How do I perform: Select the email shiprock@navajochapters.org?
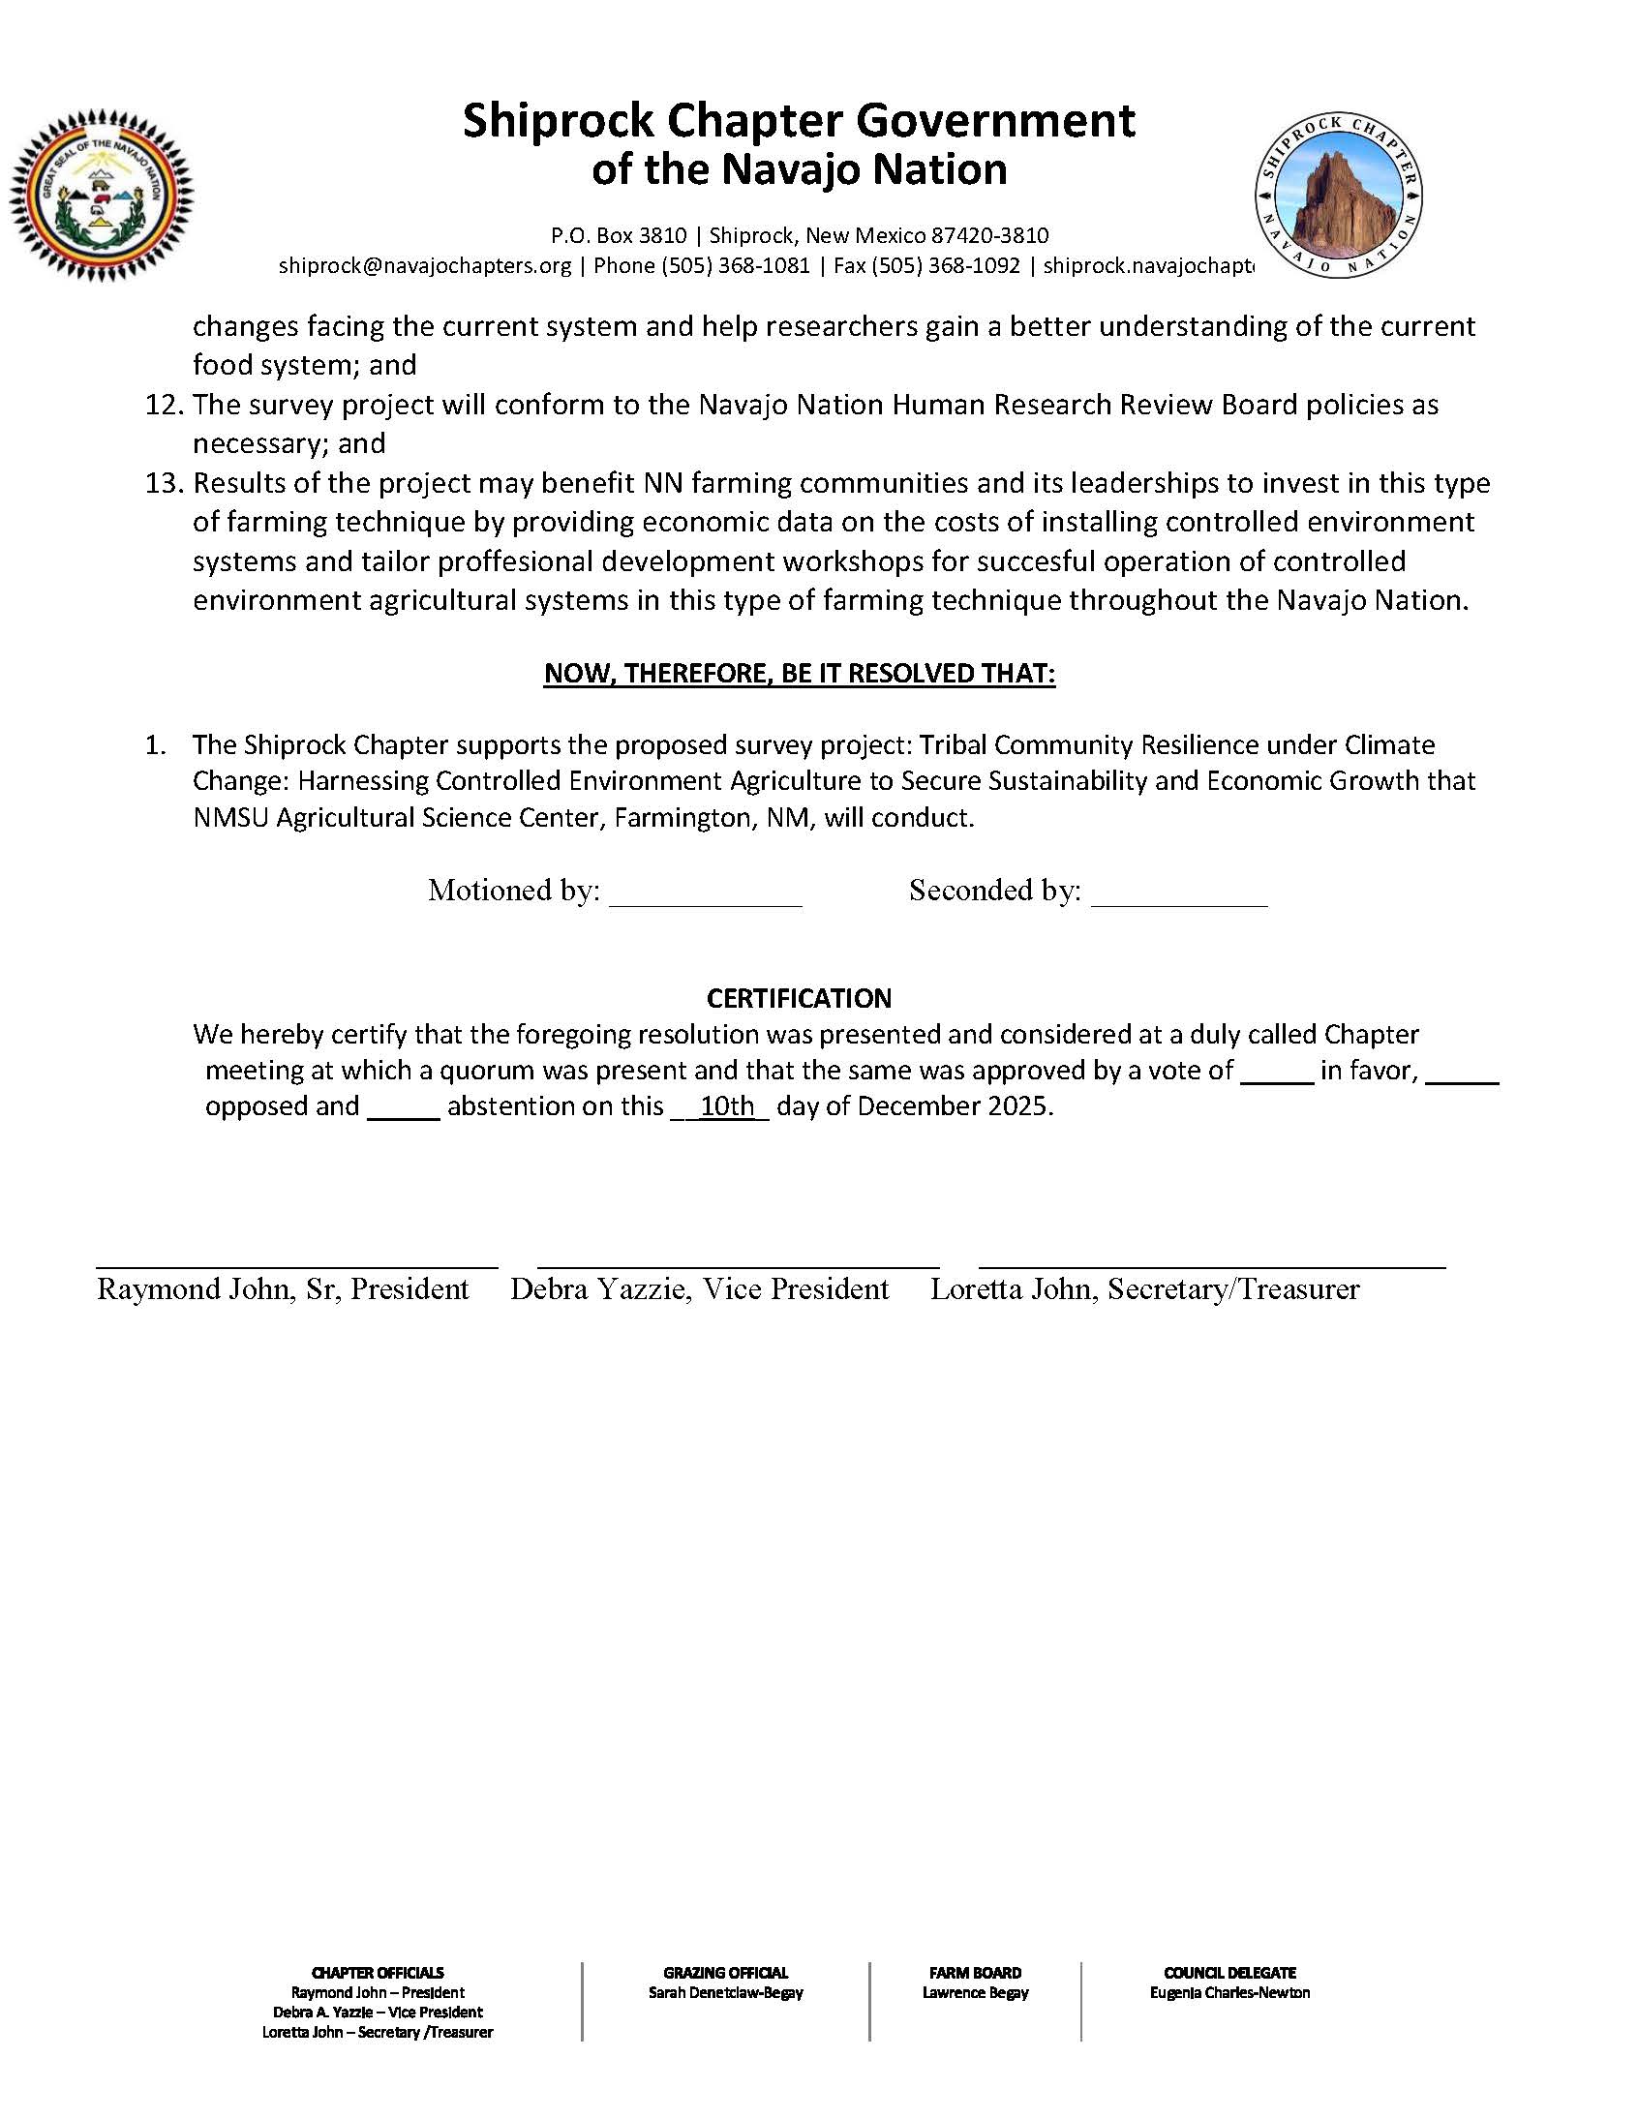point(425,266)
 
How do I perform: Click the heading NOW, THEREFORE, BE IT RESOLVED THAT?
point(800,674)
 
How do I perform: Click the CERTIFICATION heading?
point(799,998)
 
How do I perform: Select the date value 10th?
point(728,1106)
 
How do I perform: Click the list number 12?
point(165,405)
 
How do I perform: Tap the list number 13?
point(165,483)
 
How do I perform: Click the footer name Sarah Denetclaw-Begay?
point(726,1993)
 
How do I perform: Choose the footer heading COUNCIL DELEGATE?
point(1229,1973)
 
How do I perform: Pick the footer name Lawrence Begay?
point(975,1993)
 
